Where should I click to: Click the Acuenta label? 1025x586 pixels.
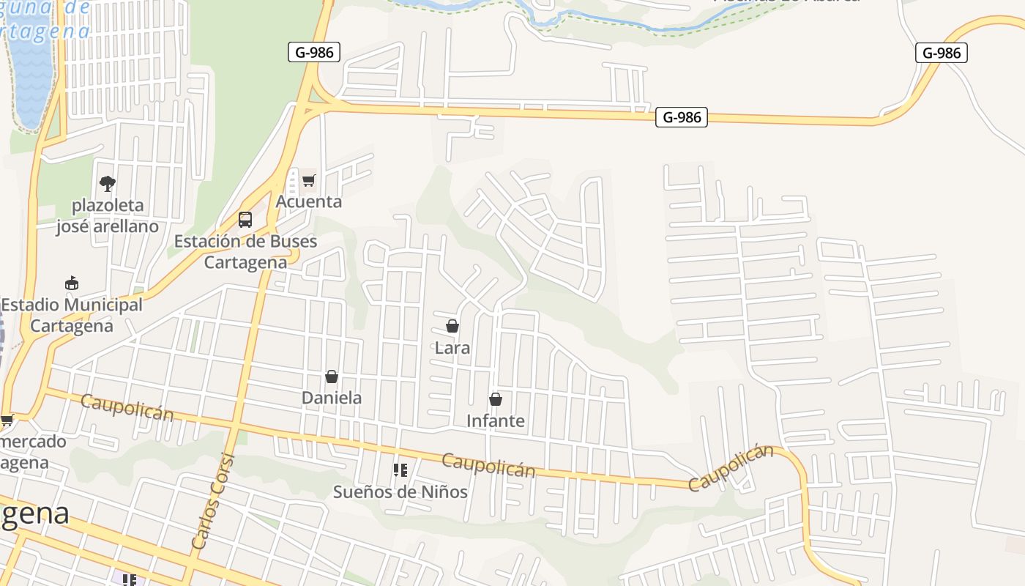pos(308,201)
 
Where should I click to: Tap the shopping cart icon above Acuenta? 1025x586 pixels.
pos(308,180)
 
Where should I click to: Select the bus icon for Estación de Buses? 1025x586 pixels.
pos(245,220)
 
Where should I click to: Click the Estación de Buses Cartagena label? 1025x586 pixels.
pos(245,251)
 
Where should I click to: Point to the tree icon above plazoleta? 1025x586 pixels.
pos(108,183)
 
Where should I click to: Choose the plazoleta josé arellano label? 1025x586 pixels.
pos(108,215)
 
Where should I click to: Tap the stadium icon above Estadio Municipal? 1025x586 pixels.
pos(72,283)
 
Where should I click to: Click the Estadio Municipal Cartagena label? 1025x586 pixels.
pos(72,315)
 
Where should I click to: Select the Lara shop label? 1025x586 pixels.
pos(452,348)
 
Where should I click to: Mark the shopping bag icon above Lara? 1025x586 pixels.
pos(452,326)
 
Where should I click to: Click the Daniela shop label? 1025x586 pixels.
pos(332,398)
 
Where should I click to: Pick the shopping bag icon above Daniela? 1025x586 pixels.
pos(332,377)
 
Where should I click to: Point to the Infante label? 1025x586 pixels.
pos(496,420)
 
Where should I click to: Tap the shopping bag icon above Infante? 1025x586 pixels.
pos(496,399)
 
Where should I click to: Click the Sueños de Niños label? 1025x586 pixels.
pos(400,492)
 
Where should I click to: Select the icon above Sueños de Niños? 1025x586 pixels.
pos(400,470)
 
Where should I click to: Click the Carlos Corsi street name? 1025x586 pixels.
pos(213,502)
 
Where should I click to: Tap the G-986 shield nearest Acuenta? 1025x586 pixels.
pos(314,52)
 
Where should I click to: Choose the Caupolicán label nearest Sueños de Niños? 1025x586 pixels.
pos(488,464)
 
